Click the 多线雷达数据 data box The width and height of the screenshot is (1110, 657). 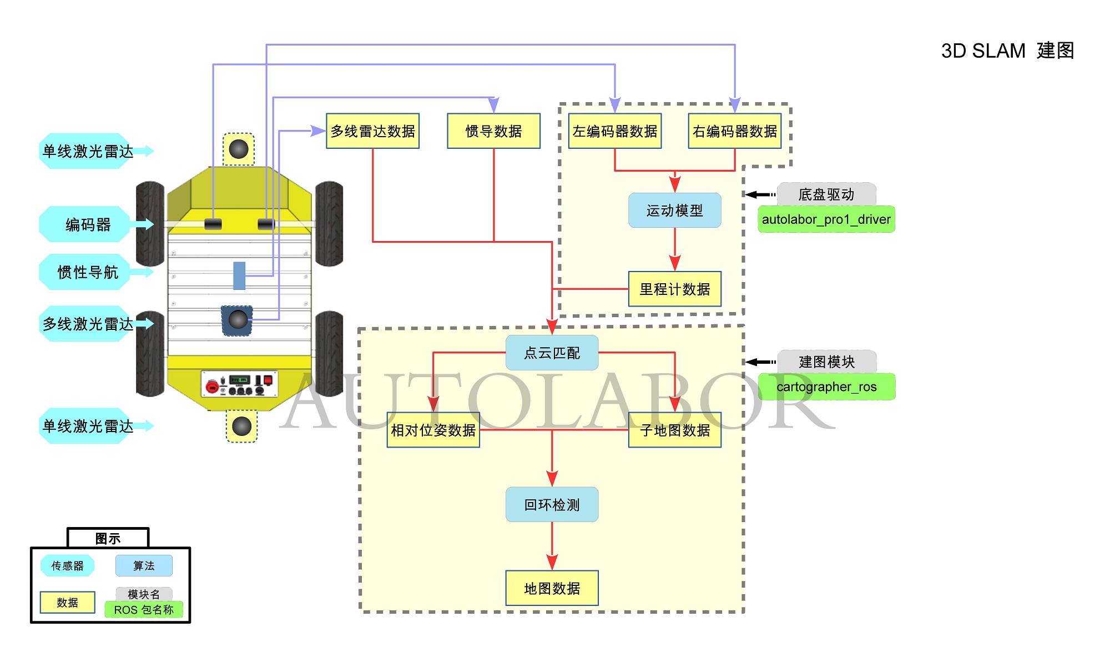point(372,131)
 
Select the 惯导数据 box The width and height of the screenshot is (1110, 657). point(493,131)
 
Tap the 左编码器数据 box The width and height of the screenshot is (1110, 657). point(615,131)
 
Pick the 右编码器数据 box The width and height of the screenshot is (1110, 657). point(735,131)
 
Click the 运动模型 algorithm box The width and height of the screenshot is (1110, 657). point(674,210)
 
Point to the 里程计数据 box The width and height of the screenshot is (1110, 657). point(674,289)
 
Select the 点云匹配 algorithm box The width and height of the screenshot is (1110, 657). point(552,353)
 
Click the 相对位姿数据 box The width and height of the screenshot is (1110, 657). point(433,430)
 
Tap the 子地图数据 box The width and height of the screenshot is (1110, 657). point(674,430)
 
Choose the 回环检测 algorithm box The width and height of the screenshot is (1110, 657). point(552,504)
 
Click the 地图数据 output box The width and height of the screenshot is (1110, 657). point(552,588)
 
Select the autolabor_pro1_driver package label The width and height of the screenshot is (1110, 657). point(826,219)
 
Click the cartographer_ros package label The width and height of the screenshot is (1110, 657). point(826,387)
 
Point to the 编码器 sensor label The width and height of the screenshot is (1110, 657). point(88,224)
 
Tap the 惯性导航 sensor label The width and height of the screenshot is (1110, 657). point(88,272)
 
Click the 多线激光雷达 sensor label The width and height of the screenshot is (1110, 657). point(88,323)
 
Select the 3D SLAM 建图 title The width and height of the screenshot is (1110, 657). point(1007,51)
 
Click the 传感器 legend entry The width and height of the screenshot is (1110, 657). point(67,565)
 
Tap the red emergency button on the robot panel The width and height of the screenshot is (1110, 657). point(211,386)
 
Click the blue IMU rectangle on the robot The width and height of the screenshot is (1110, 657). point(239,275)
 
